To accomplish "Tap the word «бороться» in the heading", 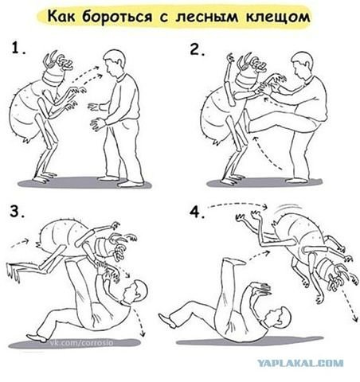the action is coord(117,17).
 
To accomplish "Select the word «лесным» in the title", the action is coord(207,18).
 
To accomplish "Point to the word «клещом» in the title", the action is coord(278,18).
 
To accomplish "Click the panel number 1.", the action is coord(18,48).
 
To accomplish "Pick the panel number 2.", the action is coord(198,49).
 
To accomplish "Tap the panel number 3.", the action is coord(18,211).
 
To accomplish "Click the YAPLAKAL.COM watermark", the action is coord(300,363).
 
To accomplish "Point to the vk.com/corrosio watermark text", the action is coord(82,343).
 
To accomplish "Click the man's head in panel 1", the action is coord(114,63).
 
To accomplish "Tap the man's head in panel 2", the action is coord(302,65).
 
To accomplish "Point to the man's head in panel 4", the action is coord(279,318).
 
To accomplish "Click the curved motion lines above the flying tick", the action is coord(289,208).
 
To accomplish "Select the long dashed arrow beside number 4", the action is coord(237,204).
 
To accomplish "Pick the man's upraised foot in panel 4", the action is coord(233,261).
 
